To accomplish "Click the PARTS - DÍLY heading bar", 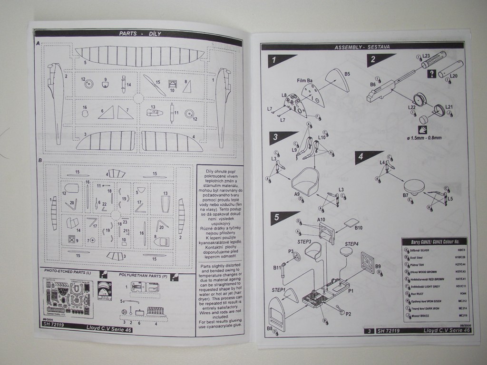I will [x=140, y=34].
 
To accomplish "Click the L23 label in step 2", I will [x=426, y=56].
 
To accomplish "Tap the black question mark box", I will [x=432, y=73].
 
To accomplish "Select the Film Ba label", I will [x=305, y=81].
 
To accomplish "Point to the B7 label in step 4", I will [x=406, y=195].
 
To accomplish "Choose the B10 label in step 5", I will [x=359, y=228].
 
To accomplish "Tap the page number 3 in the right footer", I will [x=369, y=330].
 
